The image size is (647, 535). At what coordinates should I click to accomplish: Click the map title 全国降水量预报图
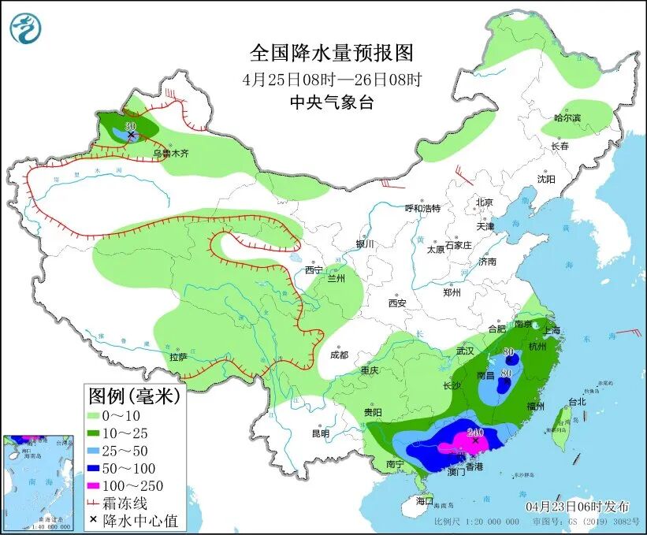[x=331, y=54]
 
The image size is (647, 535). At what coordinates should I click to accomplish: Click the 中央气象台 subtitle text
[x=331, y=102]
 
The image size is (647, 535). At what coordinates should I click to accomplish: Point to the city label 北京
[x=484, y=202]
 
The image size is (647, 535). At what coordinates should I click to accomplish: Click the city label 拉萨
[x=178, y=356]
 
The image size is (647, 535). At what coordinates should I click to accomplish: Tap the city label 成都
[x=339, y=355]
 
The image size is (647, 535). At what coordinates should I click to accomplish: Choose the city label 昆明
[x=320, y=433]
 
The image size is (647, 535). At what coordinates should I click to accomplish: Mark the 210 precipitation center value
[x=475, y=432]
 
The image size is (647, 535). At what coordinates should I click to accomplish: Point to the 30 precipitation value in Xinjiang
[x=131, y=126]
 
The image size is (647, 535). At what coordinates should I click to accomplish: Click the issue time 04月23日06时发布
[x=578, y=505]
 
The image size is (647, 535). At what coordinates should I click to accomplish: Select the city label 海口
[x=425, y=500]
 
